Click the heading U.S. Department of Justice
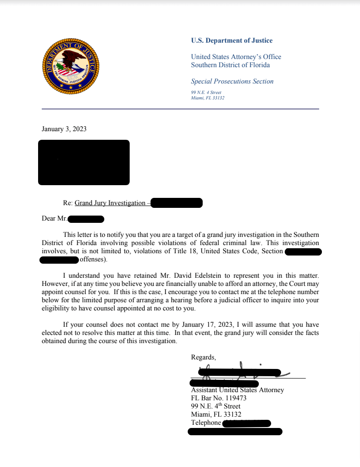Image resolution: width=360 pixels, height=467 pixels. point(232,41)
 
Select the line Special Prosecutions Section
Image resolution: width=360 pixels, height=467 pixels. point(232,82)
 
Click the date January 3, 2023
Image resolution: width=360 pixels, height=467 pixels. point(64,129)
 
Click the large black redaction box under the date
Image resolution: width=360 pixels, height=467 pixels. point(84,162)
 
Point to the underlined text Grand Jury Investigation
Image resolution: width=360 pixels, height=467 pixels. point(110,203)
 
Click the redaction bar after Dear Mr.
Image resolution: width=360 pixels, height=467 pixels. point(86,219)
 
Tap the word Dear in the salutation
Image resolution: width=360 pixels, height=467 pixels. point(49,219)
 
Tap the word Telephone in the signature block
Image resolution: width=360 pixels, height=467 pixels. point(206,423)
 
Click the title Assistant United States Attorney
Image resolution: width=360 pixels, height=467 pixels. point(238,390)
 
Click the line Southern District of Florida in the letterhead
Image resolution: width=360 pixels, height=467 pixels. point(230,65)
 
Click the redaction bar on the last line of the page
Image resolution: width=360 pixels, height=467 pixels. point(235,432)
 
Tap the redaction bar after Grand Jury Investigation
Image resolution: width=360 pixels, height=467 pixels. point(176,203)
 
